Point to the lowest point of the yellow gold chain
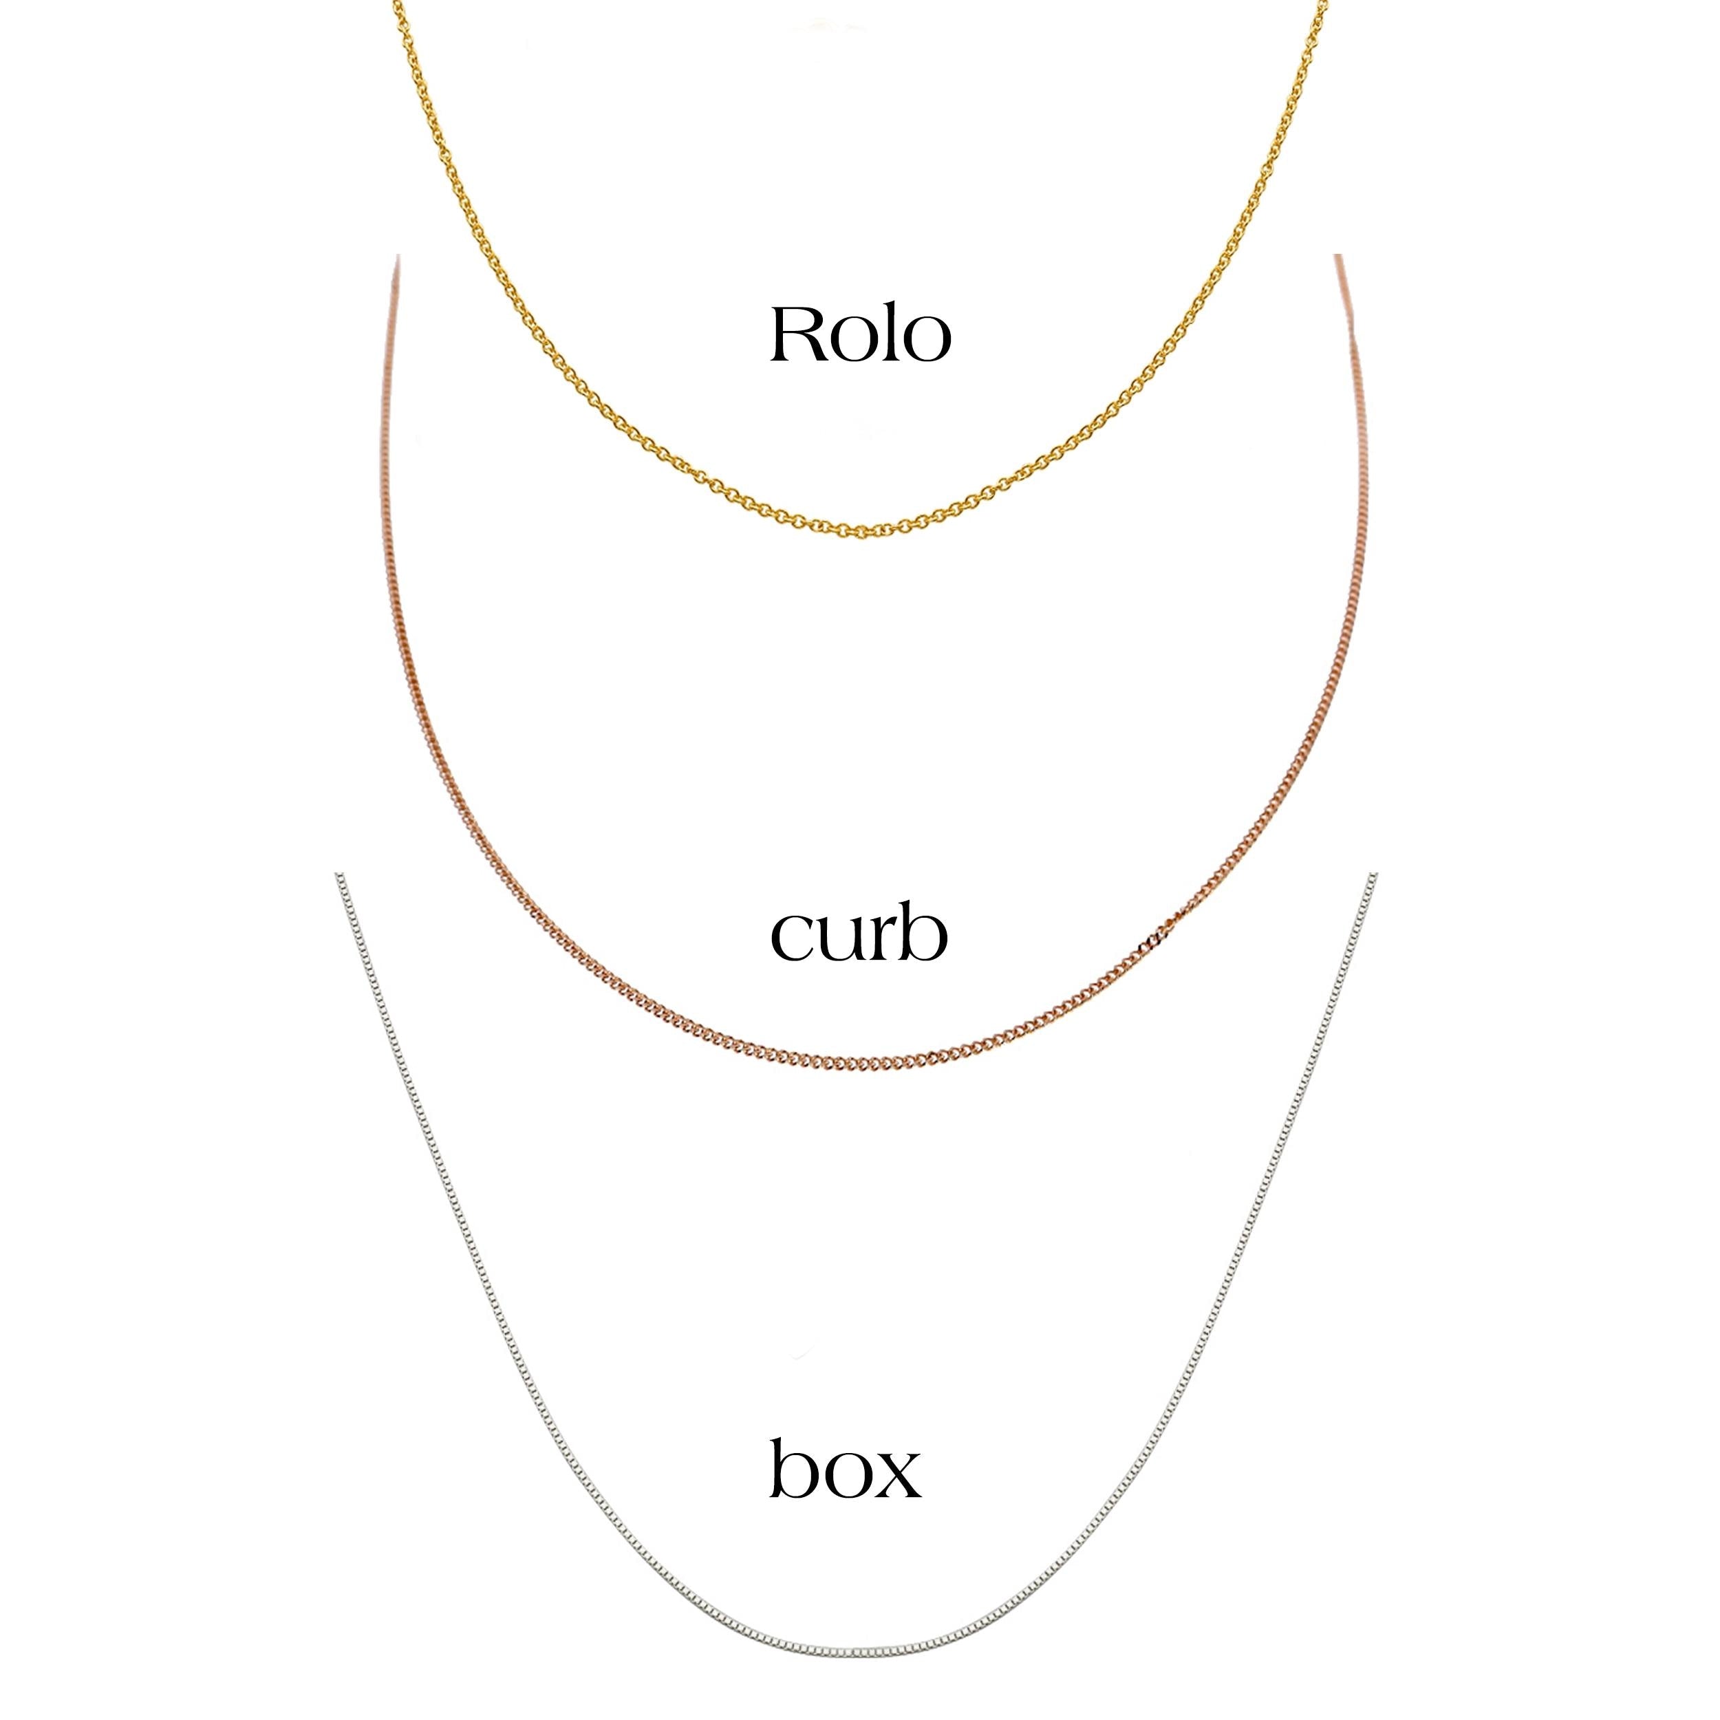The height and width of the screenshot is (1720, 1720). (860, 536)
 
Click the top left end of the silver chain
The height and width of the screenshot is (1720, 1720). (336, 875)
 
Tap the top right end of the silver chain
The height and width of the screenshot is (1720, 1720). (1375, 875)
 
